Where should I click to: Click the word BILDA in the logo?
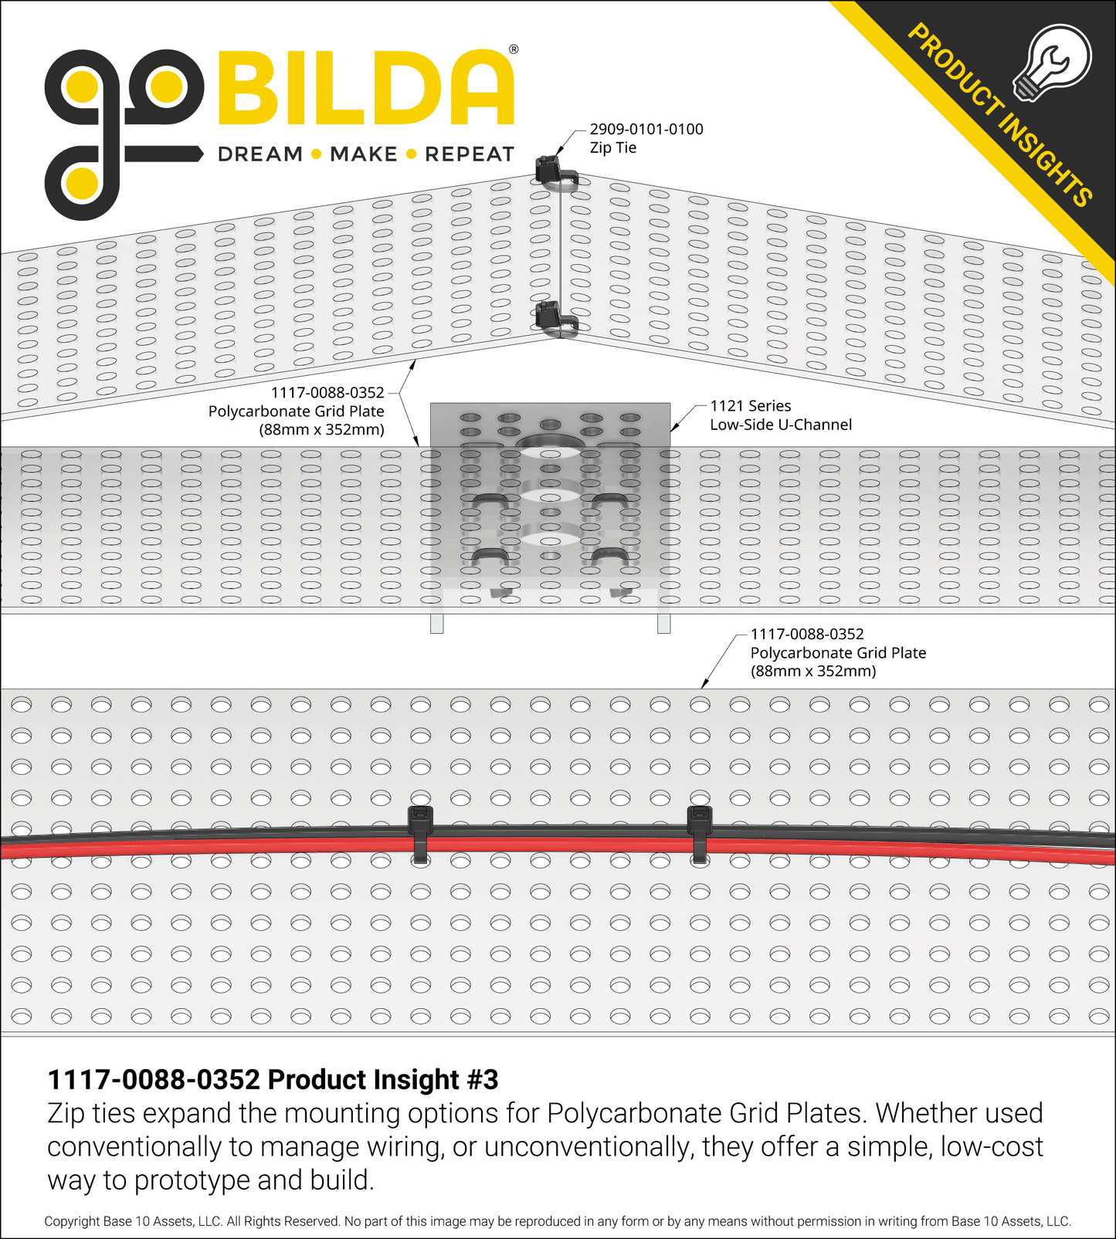[366, 87]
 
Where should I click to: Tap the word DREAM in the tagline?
[260, 154]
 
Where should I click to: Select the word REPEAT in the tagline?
[470, 154]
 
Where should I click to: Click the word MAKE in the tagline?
[363, 154]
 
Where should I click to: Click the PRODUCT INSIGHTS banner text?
[999, 115]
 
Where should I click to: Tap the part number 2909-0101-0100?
[646, 129]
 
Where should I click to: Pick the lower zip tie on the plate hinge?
[556, 319]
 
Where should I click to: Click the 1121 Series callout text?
[751, 405]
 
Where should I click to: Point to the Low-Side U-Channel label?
[781, 425]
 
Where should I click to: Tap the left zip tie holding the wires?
[419, 834]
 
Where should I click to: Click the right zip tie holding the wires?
[700, 834]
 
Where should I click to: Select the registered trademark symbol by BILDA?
[514, 49]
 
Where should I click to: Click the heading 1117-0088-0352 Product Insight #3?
[273, 1079]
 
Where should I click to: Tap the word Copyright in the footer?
[72, 1221]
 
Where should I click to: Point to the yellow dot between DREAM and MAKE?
[316, 154]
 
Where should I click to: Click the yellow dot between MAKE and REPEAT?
[411, 154]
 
